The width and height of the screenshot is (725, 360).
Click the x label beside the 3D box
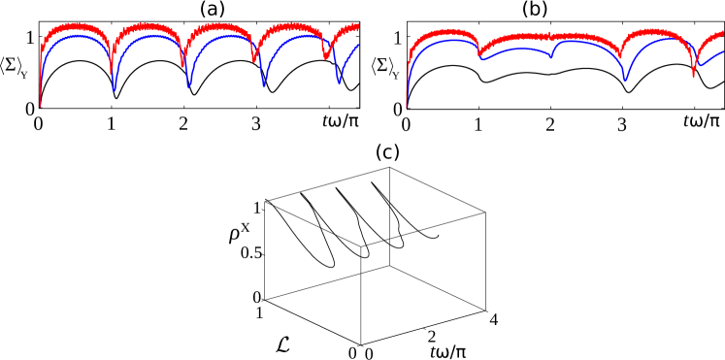pos(246,227)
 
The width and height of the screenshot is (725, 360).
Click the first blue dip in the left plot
pos(115,90)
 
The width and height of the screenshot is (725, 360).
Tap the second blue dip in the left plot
pos(188,87)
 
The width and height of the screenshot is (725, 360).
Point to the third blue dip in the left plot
pos(263,86)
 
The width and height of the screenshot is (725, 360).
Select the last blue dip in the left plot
pos(339,83)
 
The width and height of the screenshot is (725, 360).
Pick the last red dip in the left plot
pos(325,58)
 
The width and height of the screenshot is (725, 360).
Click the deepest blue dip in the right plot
pos(625,81)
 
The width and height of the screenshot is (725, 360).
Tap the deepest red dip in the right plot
pos(693,77)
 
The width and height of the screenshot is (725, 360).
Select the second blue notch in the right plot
pos(550,57)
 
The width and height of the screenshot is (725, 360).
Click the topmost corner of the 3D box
pos(389,167)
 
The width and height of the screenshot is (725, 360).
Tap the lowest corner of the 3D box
pos(361,344)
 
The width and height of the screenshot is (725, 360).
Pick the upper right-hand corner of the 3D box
pos(485,213)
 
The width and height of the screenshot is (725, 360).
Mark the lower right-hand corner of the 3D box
pos(485,311)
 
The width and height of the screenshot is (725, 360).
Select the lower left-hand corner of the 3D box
pos(265,299)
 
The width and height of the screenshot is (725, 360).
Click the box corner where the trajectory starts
pos(266,201)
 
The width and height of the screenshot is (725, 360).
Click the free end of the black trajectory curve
pos(438,235)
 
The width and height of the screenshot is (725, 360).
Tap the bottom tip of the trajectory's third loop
pos(400,246)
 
